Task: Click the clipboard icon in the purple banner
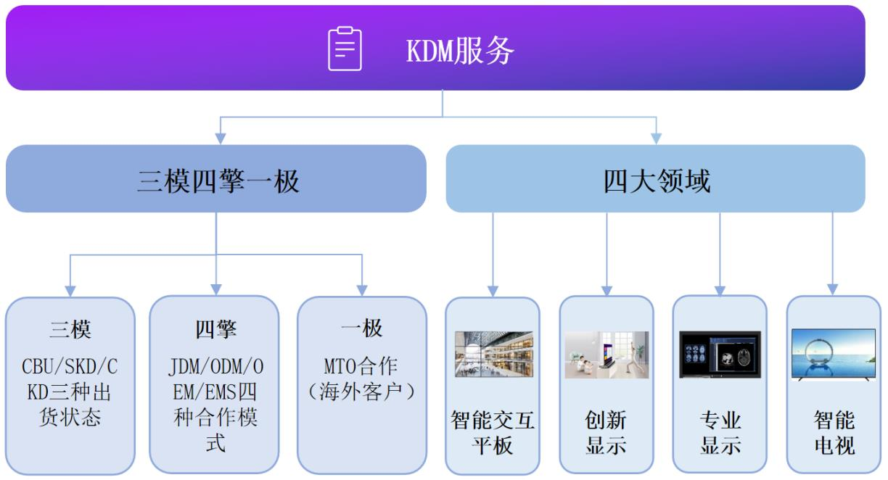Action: tap(345, 49)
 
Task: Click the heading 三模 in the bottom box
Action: tap(70, 329)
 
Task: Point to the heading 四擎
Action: tap(216, 329)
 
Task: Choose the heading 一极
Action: tap(362, 329)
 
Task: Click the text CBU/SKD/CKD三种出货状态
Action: tap(70, 392)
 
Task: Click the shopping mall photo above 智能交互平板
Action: tap(493, 355)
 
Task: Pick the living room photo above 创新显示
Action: tap(607, 355)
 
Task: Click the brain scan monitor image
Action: tap(720, 355)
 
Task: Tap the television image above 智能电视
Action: tap(834, 355)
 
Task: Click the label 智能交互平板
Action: tap(493, 433)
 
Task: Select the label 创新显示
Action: tap(607, 433)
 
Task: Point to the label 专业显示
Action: tap(720, 433)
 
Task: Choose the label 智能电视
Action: tap(834, 433)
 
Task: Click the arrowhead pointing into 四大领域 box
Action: tap(656, 138)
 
